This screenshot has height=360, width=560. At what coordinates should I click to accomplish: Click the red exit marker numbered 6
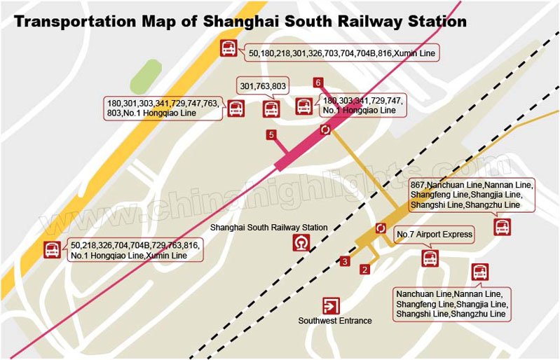tap(318, 83)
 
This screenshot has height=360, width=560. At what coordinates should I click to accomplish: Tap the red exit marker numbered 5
tap(271, 134)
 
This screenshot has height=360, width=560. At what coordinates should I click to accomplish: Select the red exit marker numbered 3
tap(345, 262)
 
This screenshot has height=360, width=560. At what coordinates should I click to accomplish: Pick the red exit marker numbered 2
tap(364, 269)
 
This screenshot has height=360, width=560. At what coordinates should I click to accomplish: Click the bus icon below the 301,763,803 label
tap(271, 109)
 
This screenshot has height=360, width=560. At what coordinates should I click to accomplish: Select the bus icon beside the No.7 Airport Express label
tap(430, 258)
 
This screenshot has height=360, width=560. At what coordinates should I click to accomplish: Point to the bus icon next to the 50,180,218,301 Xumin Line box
tap(229, 48)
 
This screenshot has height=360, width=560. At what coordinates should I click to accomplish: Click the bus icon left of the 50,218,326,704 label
tap(52, 249)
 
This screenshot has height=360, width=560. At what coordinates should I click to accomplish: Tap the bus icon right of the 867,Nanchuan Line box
tap(502, 226)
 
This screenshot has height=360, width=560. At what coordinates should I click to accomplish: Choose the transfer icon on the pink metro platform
tap(325, 130)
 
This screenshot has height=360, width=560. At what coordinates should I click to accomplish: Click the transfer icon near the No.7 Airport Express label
tap(381, 228)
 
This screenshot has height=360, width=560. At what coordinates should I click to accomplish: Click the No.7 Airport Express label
tap(435, 234)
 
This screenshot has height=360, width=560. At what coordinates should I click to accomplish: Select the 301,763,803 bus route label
tap(263, 86)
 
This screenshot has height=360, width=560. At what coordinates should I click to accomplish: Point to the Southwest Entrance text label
tap(335, 321)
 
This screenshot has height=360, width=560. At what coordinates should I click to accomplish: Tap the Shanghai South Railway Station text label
tap(269, 228)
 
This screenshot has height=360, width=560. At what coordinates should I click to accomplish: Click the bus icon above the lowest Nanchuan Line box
tap(480, 272)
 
